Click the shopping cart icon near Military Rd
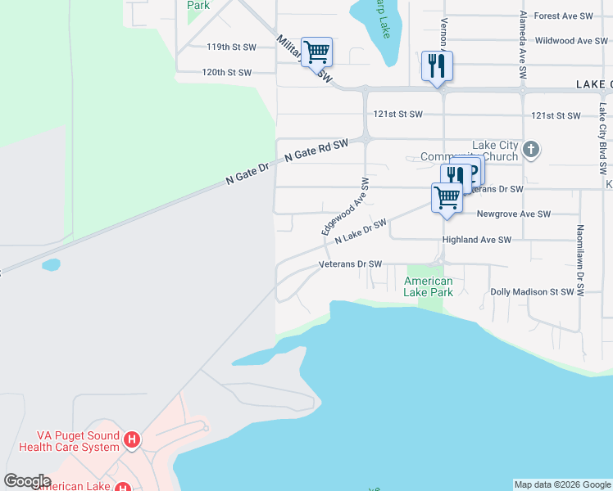(316, 52)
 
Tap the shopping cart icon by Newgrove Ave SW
(447, 197)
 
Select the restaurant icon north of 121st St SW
(437, 66)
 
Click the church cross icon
(531, 149)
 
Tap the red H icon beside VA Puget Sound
(131, 441)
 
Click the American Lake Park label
(429, 286)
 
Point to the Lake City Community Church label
(468, 151)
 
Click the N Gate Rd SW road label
(316, 149)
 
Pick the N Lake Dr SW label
(361, 230)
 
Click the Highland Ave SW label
(476, 240)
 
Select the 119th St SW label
(231, 47)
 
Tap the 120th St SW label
(227, 73)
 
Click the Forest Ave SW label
(563, 16)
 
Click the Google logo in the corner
(27, 481)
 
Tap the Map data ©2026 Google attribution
(562, 484)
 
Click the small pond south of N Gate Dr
(51, 265)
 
